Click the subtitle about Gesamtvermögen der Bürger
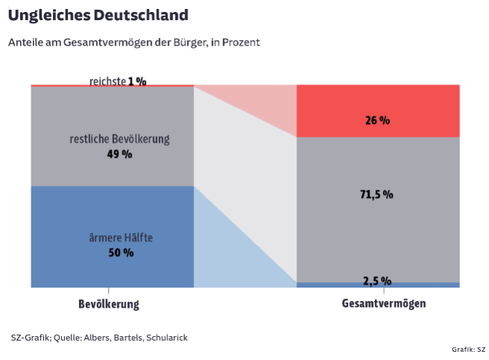coord(134,43)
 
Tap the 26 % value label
coord(378,120)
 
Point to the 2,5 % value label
coord(377,281)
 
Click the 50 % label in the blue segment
coord(121,252)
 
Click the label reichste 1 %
coord(118,80)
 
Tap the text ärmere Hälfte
coord(121,238)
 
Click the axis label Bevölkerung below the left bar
coord(109,304)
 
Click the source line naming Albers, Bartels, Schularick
coord(99,338)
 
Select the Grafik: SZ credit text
coord(468,349)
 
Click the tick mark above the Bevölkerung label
coord(109,291)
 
